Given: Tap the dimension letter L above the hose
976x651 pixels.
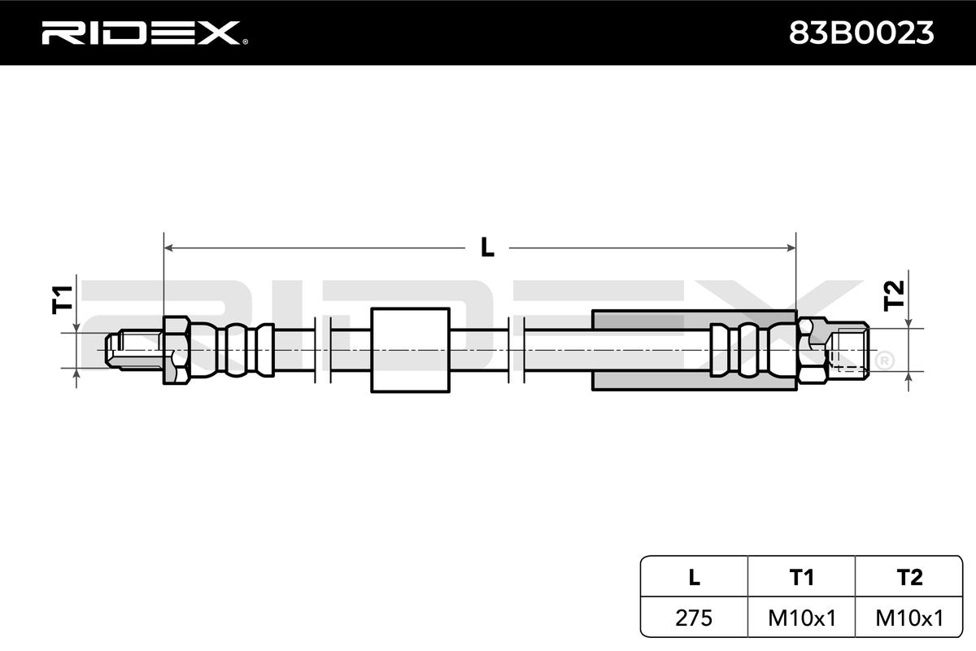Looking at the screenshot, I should tap(486, 247).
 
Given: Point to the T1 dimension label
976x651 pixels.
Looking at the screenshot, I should tap(63, 299).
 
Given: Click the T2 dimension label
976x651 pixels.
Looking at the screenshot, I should tap(893, 295).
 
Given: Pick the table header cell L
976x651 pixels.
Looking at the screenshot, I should tap(694, 577).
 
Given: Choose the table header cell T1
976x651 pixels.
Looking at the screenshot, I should tap(801, 577).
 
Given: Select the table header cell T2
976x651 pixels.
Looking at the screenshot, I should tap(909, 577).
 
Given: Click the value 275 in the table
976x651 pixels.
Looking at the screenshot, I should tap(694, 618).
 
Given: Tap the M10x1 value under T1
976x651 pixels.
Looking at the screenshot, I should tap(801, 618).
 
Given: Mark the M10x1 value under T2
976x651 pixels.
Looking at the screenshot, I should tap(909, 618).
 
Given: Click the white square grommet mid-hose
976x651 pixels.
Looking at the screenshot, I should tap(410, 350).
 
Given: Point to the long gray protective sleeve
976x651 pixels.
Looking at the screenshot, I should tap(651, 350).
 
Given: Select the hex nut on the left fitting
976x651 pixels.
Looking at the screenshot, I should tap(176, 350).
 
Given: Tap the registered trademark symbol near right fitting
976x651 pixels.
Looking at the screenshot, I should tap(883, 359).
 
